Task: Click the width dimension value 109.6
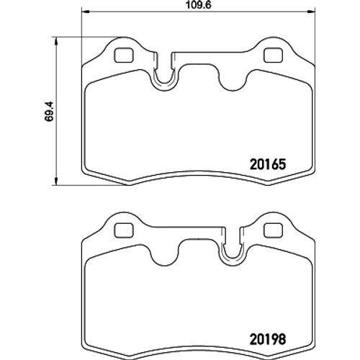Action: tap(199, 5)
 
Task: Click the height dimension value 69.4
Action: tap(50, 112)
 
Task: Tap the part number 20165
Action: tap(268, 165)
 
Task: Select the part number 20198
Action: tap(268, 339)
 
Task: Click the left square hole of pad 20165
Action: tap(124, 55)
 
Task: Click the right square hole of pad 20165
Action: tap(273, 55)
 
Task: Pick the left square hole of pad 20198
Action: tap(124, 230)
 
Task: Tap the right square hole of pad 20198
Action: tap(273, 230)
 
